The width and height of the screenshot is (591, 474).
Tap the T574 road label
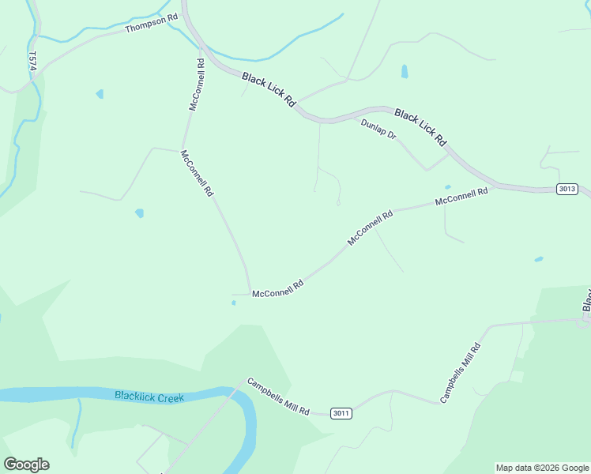pos(32,62)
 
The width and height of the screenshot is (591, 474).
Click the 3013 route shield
pos(567,189)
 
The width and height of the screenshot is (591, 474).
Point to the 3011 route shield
pos(341,413)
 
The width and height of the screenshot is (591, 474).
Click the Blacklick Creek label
pos(149,397)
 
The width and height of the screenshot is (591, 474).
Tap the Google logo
pos(26,465)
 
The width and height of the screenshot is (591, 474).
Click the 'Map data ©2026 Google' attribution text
pos(543,468)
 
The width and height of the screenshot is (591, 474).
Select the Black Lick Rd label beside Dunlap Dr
pos(420,126)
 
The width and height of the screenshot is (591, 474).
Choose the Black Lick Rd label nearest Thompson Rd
pos(269,90)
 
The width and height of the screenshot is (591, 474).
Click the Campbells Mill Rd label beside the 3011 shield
pos(277,397)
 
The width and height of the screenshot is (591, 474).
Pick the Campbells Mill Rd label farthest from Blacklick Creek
pos(461,372)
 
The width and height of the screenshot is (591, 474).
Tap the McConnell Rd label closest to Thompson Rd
pos(198,83)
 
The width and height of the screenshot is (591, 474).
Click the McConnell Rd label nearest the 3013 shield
pos(461,197)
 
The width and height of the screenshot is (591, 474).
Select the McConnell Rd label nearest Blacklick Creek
pos(278,288)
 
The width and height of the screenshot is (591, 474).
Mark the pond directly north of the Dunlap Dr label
pos(405,71)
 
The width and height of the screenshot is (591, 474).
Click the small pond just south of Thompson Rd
pos(100,94)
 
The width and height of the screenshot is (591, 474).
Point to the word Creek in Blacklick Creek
pos(170,397)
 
